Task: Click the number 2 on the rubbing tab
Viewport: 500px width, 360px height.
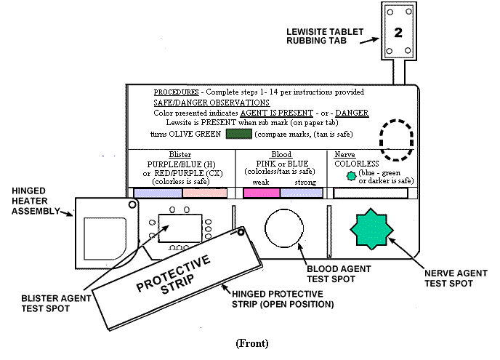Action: click(398, 33)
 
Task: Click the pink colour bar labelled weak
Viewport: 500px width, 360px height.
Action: click(262, 193)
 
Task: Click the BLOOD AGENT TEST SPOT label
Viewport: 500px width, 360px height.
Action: click(326, 273)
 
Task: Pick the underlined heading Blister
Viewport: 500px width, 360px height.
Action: click(180, 156)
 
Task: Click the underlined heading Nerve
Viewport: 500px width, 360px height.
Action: click(344, 156)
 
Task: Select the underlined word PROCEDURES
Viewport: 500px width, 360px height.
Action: click(178, 93)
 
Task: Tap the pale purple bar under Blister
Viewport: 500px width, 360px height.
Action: click(158, 193)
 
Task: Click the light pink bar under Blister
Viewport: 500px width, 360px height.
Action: click(205, 193)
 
